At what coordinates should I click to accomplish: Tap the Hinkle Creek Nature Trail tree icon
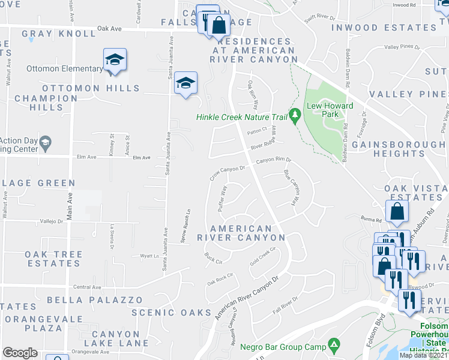(295, 114)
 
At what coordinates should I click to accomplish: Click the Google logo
(20, 353)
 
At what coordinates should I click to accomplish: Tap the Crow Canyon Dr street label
(228, 172)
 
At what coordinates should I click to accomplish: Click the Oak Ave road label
(109, 28)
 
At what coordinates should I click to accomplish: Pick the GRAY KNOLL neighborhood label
(59, 34)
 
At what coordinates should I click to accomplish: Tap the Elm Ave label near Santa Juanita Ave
(142, 157)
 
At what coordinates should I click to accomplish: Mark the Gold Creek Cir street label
(262, 257)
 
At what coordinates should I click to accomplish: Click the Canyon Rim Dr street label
(274, 160)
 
